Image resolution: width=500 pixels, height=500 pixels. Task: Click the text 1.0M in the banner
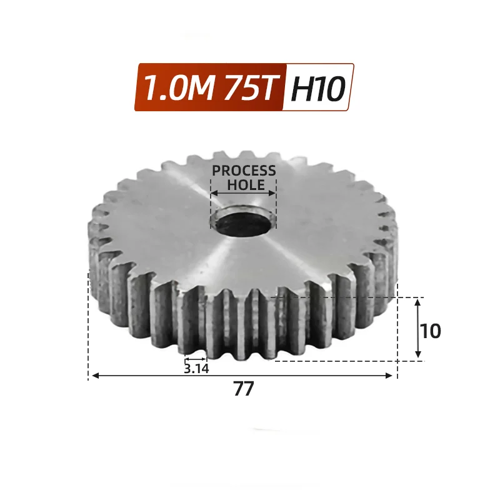(178, 87)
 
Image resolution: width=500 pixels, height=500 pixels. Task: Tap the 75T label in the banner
(249, 87)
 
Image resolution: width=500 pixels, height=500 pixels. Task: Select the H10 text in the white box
(318, 88)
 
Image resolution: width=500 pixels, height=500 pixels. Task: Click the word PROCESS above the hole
(244, 171)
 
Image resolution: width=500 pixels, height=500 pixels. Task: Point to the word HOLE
(246, 185)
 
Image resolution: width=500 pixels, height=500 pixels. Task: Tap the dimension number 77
(244, 389)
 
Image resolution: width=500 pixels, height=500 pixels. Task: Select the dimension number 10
(431, 331)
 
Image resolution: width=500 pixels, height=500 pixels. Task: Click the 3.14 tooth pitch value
(196, 369)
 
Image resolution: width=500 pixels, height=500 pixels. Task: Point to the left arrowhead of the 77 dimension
(96, 376)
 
